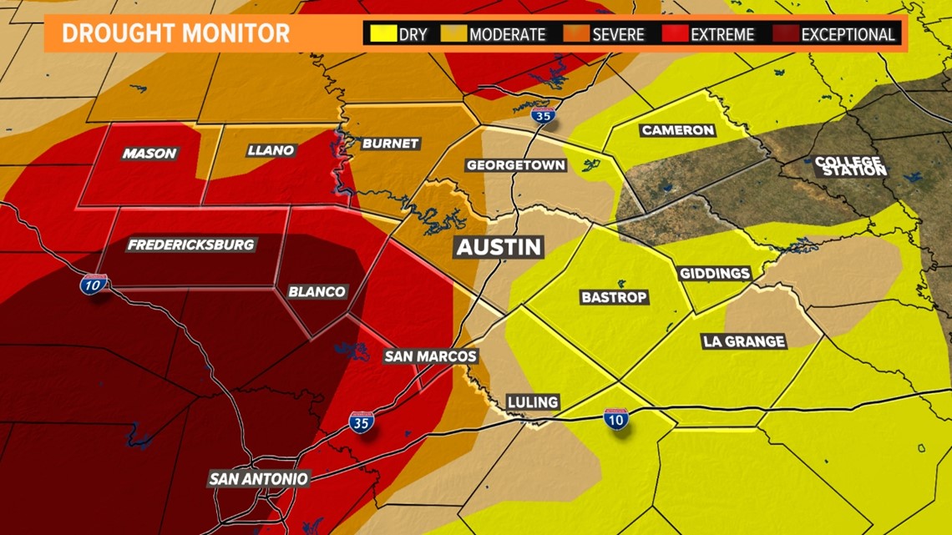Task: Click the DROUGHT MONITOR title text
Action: click(175, 34)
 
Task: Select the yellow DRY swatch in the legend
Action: click(383, 34)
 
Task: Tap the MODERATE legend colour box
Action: click(453, 34)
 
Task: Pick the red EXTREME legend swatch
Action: click(675, 34)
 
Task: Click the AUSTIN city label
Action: click(499, 247)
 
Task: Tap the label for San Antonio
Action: click(258, 479)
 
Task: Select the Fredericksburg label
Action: click(190, 245)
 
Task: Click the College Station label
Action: click(850, 165)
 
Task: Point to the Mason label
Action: click(149, 153)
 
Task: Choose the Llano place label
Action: click(271, 150)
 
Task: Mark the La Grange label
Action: click(743, 341)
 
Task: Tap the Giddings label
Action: click(714, 274)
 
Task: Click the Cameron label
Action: click(677, 130)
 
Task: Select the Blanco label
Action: click(316, 291)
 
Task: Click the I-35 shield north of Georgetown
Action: click(543, 115)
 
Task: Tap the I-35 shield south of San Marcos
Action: click(361, 422)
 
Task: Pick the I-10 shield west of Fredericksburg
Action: click(94, 284)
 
